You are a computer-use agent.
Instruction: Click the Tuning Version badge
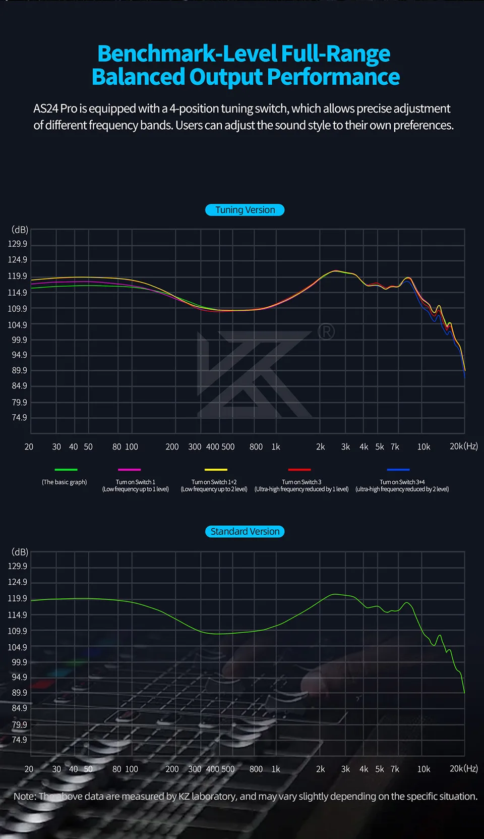[245, 210]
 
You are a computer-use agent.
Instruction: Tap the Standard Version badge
[245, 531]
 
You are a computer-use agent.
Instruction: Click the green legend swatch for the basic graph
[66, 470]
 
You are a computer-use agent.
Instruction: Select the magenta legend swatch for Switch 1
[129, 470]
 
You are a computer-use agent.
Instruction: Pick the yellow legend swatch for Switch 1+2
[216, 470]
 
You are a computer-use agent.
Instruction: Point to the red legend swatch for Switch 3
[299, 470]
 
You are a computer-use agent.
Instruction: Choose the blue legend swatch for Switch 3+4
[398, 470]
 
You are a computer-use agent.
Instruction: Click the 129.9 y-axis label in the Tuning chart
[18, 244]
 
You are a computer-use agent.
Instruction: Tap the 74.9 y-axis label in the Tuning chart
[19, 417]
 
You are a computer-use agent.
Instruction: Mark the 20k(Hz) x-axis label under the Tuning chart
[463, 446]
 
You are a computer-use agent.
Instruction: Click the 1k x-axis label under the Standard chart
[276, 769]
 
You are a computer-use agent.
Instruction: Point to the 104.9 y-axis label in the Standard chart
[18, 647]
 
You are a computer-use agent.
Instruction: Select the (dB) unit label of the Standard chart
[20, 552]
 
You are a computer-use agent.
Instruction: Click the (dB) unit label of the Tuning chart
[20, 230]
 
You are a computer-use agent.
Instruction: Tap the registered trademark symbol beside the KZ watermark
[326, 332]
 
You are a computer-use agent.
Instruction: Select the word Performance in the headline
[333, 77]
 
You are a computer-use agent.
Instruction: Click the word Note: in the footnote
[25, 796]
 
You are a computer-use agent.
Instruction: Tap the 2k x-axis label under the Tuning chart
[320, 446]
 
